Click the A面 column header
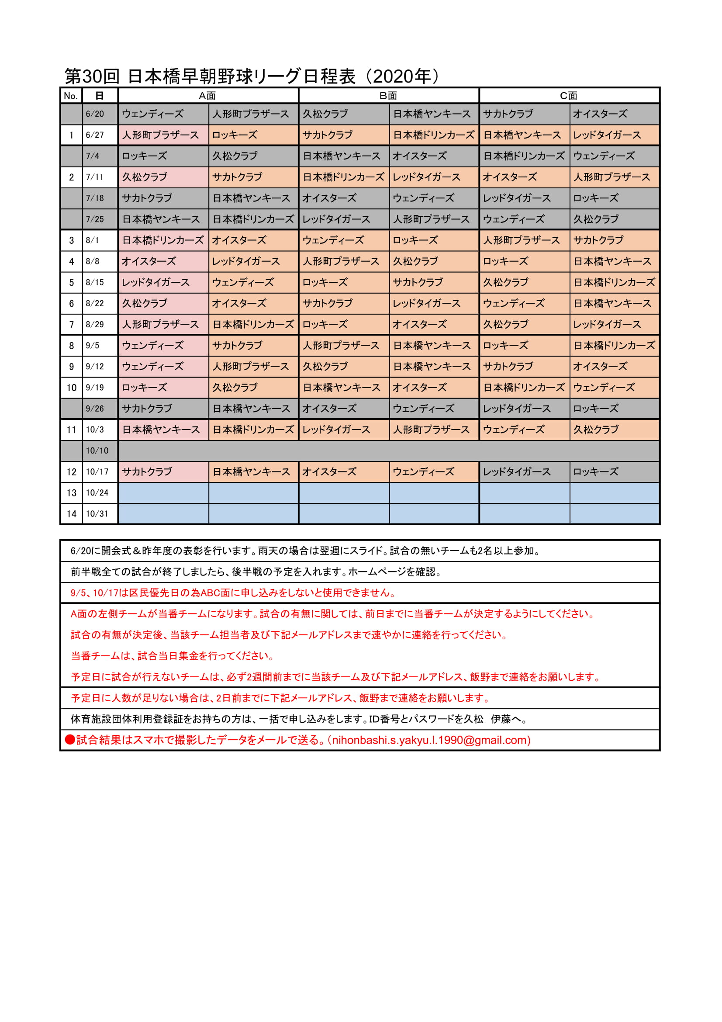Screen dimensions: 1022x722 pos(207,96)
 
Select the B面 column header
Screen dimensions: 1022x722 pos(388,96)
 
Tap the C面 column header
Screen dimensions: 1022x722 pos(569,96)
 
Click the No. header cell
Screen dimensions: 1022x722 pos(71,96)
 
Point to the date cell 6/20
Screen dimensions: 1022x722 pos(95,114)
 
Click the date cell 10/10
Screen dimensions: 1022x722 pos(97,451)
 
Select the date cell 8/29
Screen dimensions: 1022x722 pos(95,325)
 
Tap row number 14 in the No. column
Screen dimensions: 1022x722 pos(71,514)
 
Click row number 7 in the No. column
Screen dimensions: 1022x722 pos(71,325)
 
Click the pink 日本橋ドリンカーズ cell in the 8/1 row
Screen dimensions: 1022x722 pos(163,240)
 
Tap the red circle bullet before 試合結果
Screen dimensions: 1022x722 pos(70,740)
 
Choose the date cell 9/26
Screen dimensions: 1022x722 pos(95,409)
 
